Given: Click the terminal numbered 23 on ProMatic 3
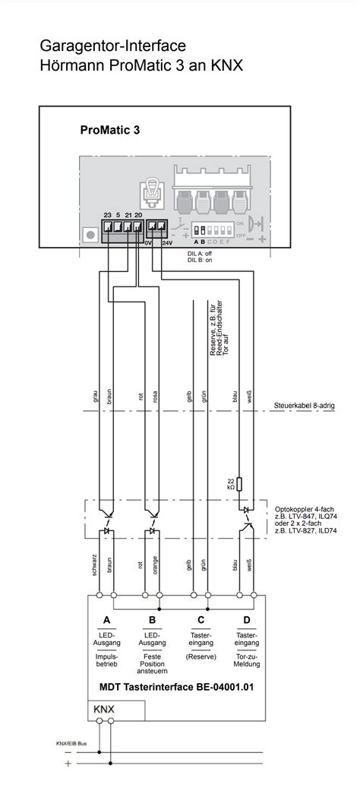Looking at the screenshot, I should click(x=107, y=226).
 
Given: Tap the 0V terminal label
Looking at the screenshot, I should click(x=150, y=243).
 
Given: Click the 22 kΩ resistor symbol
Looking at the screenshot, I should click(x=239, y=483).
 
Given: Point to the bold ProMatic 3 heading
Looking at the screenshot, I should click(x=109, y=130).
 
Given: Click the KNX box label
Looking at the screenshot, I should click(x=105, y=710).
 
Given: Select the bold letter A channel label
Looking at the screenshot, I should click(x=107, y=620).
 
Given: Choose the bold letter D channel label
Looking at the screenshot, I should click(x=246, y=620).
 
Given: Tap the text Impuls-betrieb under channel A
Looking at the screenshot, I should click(x=107, y=660).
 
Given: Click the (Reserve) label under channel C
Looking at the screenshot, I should click(x=201, y=656).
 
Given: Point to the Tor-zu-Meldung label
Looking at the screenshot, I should click(x=246, y=660).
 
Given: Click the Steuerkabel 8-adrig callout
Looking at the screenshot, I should click(x=305, y=406).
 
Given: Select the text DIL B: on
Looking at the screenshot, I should click(x=201, y=260).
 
